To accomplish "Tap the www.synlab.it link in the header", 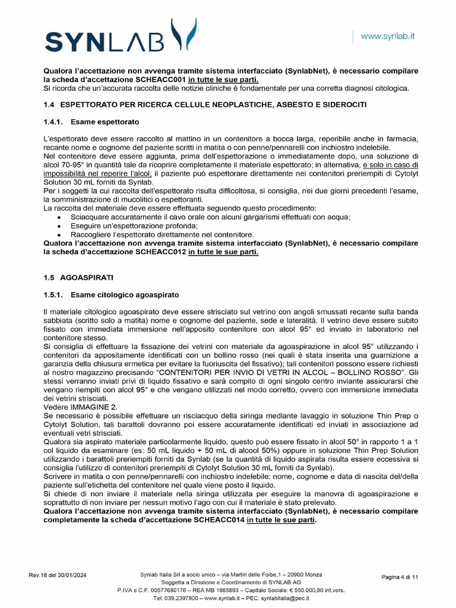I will [x=388, y=36].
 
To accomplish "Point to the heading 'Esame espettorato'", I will [x=104, y=122].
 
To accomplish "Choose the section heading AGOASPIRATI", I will [x=87, y=277].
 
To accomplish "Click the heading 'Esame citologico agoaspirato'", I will [x=124, y=294].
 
